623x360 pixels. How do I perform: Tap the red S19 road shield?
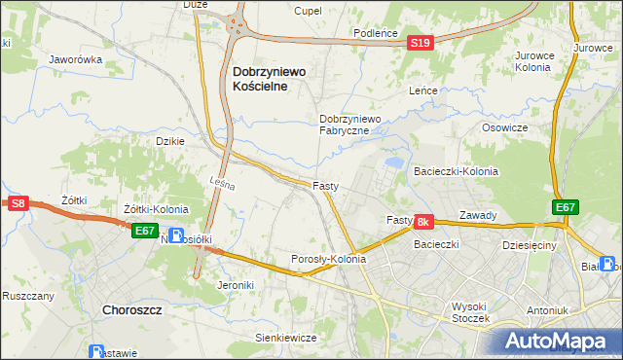(x=420, y=44)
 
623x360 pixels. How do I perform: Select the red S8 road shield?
(x=18, y=203)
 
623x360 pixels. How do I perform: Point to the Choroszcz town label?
(x=130, y=310)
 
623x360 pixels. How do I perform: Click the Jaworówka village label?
(x=76, y=59)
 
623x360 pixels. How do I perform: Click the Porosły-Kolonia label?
(x=329, y=260)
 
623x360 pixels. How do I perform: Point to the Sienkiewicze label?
(x=285, y=338)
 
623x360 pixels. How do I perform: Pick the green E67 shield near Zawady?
(x=566, y=207)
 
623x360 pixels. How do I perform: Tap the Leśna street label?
(x=223, y=181)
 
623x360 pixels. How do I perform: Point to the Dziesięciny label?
(x=529, y=246)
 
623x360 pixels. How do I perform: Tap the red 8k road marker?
(x=422, y=223)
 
